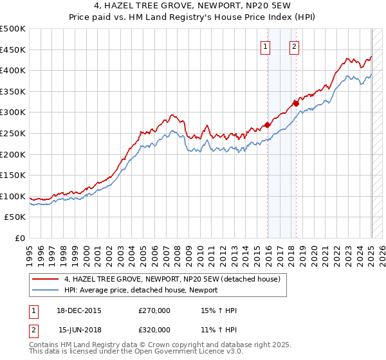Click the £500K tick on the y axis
coord(13,29)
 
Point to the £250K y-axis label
coord(13,133)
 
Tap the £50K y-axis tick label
coord(15,217)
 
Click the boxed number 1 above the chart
coord(266,46)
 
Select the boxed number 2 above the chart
coord(293,46)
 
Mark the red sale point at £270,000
coord(267,125)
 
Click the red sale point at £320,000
coord(295,104)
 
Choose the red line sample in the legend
coord(45,280)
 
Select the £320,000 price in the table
coord(154,330)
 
